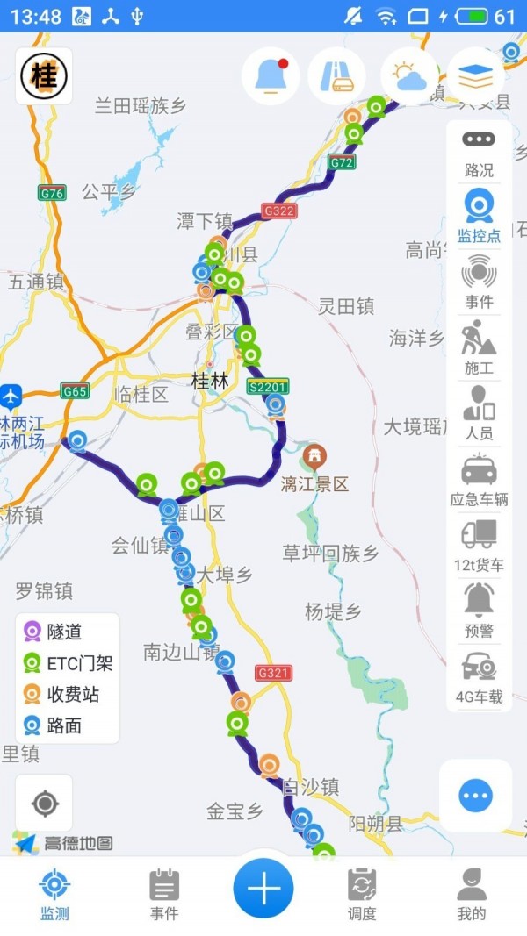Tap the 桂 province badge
[44, 75]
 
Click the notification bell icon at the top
[271, 76]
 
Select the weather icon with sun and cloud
[409, 76]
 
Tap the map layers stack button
[475, 76]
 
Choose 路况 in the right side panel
[479, 153]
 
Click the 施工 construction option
[479, 348]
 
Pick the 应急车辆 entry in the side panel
[479, 482]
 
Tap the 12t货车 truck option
[479, 546]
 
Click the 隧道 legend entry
[56, 632]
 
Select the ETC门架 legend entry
[69, 663]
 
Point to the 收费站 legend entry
[61, 695]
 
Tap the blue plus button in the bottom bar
[263, 889]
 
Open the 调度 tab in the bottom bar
[362, 894]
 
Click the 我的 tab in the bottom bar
[472, 894]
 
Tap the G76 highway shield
[52, 193]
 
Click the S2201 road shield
[268, 386]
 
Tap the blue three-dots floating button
[475, 796]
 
